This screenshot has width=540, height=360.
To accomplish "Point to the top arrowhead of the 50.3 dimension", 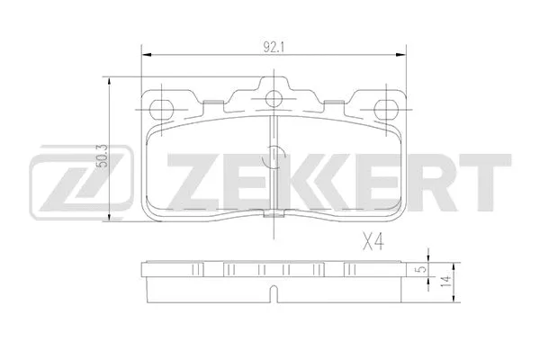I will [110, 82].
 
